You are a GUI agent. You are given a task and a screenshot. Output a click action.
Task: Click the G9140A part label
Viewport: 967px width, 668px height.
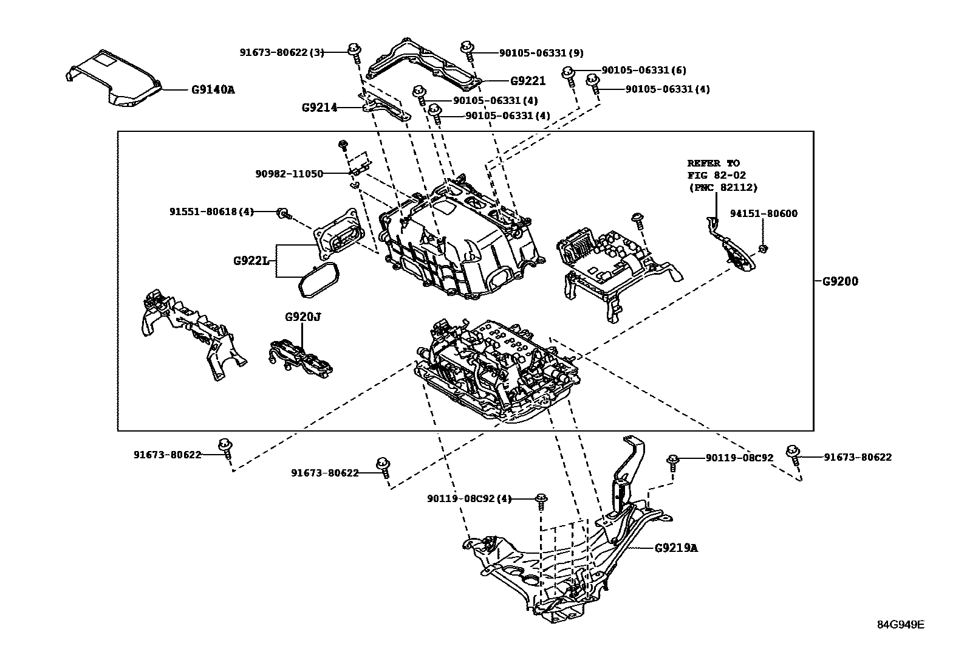pos(213,90)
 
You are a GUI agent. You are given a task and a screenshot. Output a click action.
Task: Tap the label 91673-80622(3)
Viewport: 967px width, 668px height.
pos(282,53)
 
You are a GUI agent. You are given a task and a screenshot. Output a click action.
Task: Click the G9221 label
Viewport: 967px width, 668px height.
pos(527,81)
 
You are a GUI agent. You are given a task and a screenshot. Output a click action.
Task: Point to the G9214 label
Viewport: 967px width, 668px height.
pos(319,108)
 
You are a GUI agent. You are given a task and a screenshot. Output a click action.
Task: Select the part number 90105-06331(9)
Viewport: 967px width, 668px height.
pos(541,53)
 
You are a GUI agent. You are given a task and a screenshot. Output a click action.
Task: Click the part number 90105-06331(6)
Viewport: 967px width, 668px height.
pos(644,71)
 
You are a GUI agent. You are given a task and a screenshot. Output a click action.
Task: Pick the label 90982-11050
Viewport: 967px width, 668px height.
pos(289,174)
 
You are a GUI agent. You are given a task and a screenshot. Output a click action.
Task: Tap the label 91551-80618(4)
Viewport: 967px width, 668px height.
pos(211,212)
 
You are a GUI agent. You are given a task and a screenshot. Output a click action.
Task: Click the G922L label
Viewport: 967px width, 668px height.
pos(251,261)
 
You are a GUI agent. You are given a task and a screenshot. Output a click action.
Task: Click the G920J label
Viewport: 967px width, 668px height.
pos(302,317)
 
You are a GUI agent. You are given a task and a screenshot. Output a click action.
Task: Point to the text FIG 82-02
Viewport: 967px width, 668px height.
pos(716,176)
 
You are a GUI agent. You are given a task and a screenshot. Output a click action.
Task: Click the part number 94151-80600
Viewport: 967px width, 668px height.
pos(764,213)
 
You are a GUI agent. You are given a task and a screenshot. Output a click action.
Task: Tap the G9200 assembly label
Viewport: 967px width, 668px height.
pos(840,282)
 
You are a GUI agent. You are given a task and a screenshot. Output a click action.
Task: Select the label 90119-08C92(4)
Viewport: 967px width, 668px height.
pos(469,499)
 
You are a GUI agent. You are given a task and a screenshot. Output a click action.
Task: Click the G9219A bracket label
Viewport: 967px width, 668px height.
pos(676,548)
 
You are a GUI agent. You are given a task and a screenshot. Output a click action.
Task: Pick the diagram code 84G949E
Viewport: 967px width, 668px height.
pos(900,625)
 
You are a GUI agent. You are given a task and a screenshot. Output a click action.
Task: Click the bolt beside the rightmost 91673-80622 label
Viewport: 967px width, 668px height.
pos(792,453)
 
